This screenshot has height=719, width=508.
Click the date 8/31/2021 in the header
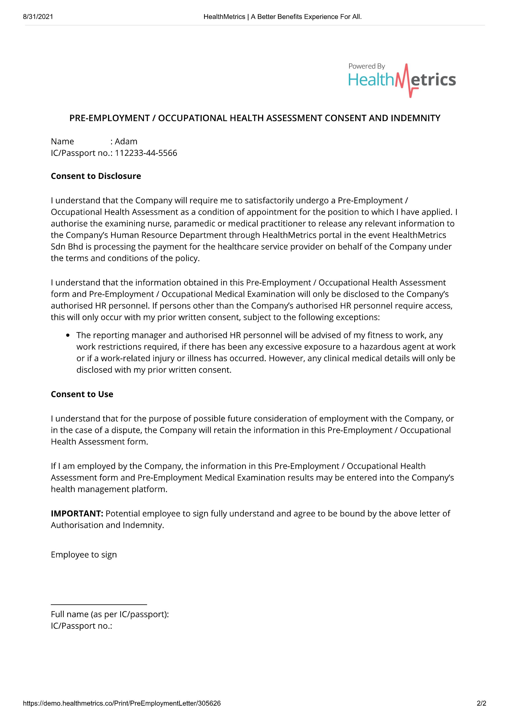click(x=38, y=17)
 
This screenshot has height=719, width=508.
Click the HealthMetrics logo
click(x=402, y=80)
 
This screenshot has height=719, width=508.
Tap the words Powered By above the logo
click(x=366, y=66)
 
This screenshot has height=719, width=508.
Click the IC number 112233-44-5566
click(x=146, y=153)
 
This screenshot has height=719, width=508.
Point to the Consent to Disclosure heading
click(x=96, y=176)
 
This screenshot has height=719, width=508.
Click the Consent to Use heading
click(x=82, y=394)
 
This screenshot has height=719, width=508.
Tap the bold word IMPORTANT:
click(x=77, y=514)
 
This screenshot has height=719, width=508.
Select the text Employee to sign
click(x=84, y=555)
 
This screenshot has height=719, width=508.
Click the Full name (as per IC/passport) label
click(x=109, y=614)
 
